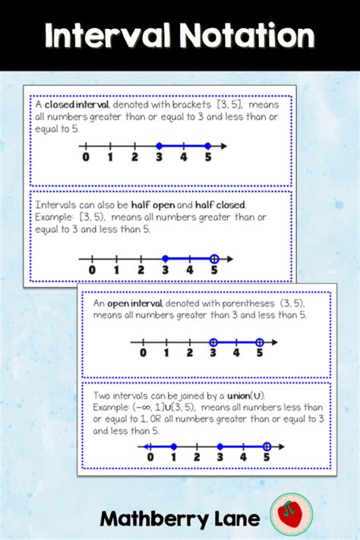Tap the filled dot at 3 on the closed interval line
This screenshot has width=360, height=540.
point(159,145)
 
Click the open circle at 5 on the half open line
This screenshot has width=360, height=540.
point(213,258)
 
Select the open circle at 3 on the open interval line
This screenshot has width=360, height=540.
point(213,342)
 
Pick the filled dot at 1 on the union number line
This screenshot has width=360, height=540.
point(173,447)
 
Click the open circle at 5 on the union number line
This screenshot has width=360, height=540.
point(267,447)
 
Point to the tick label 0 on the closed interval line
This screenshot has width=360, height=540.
point(85,158)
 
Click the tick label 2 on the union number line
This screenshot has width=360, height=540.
point(197,458)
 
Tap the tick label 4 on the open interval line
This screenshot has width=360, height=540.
point(236,352)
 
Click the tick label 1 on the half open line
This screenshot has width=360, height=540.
point(116,270)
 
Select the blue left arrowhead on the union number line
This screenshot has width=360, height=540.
point(144,447)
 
